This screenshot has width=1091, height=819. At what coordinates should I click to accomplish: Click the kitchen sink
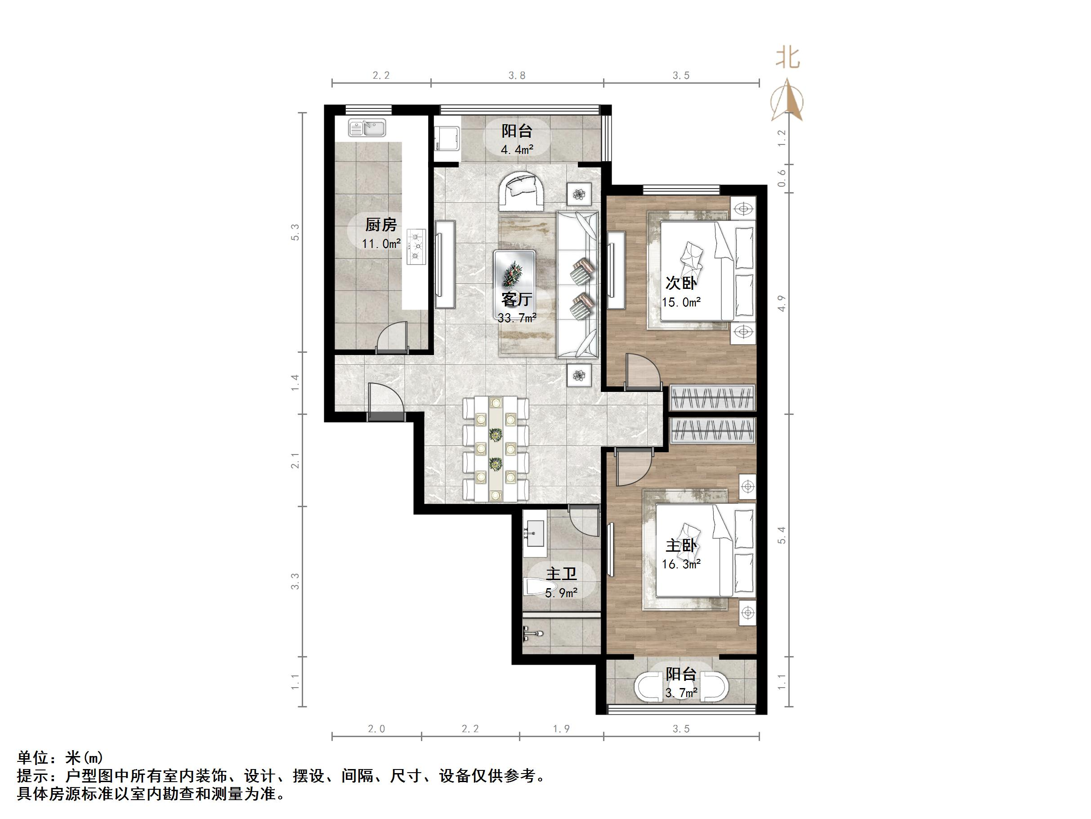[367, 128]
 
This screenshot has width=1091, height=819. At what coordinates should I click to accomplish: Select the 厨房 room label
[381, 225]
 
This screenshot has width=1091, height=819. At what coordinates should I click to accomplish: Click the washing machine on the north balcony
[447, 139]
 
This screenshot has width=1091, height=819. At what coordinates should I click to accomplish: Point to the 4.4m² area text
[517, 149]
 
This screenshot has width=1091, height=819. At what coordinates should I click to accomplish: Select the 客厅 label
[516, 299]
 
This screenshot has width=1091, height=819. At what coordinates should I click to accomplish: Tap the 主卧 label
[681, 545]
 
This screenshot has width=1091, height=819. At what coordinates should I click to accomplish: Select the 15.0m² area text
[681, 302]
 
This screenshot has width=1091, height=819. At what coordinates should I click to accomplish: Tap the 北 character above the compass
[788, 58]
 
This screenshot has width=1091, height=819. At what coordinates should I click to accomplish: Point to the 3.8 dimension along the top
[517, 76]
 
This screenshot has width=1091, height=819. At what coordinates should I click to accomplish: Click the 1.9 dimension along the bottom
[561, 729]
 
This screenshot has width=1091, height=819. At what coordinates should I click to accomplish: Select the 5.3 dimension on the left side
[295, 232]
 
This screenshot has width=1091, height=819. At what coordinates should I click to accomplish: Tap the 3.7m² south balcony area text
[681, 693]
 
